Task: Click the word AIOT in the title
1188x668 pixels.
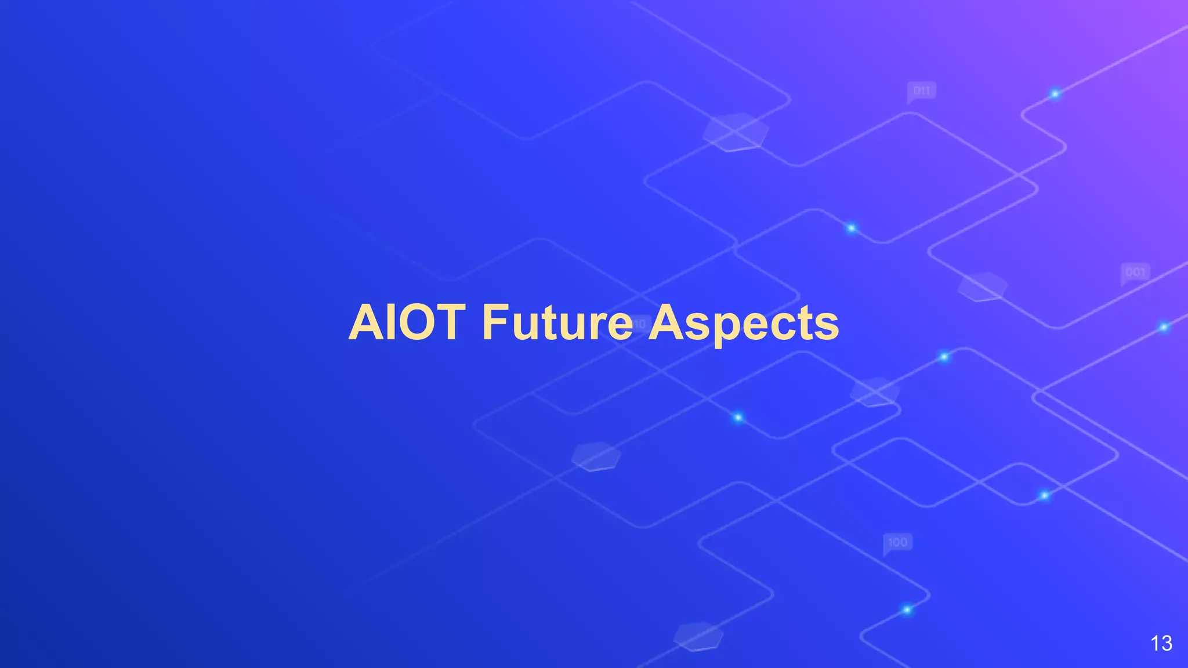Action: tap(407, 322)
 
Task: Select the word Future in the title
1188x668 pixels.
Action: tap(557, 322)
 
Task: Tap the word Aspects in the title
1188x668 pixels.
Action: tap(743, 324)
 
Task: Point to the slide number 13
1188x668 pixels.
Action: tap(1161, 643)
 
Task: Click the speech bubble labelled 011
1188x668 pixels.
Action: tap(921, 91)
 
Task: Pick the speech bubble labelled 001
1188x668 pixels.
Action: tap(1135, 272)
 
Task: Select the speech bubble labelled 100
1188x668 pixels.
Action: tap(897, 543)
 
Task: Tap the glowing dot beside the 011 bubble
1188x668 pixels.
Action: tap(1055, 94)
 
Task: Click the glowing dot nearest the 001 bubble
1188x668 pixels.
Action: tap(1164, 328)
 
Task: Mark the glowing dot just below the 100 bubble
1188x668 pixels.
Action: tap(907, 609)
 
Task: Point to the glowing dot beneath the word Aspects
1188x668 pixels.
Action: tap(738, 418)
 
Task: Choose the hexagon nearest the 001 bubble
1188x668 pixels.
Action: tap(982, 286)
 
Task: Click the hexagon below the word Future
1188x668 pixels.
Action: tap(596, 456)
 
